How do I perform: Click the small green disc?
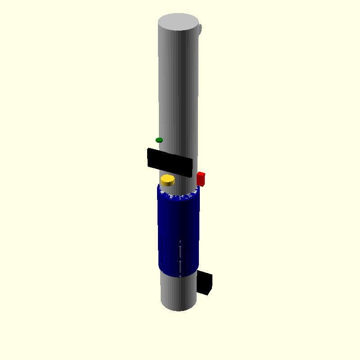point(159,140)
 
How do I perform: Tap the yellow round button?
point(167,180)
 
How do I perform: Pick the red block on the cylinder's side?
point(201,179)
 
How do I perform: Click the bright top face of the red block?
point(201,174)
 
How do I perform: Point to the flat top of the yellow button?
point(167,179)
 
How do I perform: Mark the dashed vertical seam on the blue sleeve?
point(180,256)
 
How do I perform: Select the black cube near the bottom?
point(205,282)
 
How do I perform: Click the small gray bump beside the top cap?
point(200,30)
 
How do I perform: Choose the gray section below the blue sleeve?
point(178,292)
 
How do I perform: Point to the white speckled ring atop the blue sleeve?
point(178,195)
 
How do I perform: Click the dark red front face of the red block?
point(200,180)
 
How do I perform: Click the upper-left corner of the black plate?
point(148,149)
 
